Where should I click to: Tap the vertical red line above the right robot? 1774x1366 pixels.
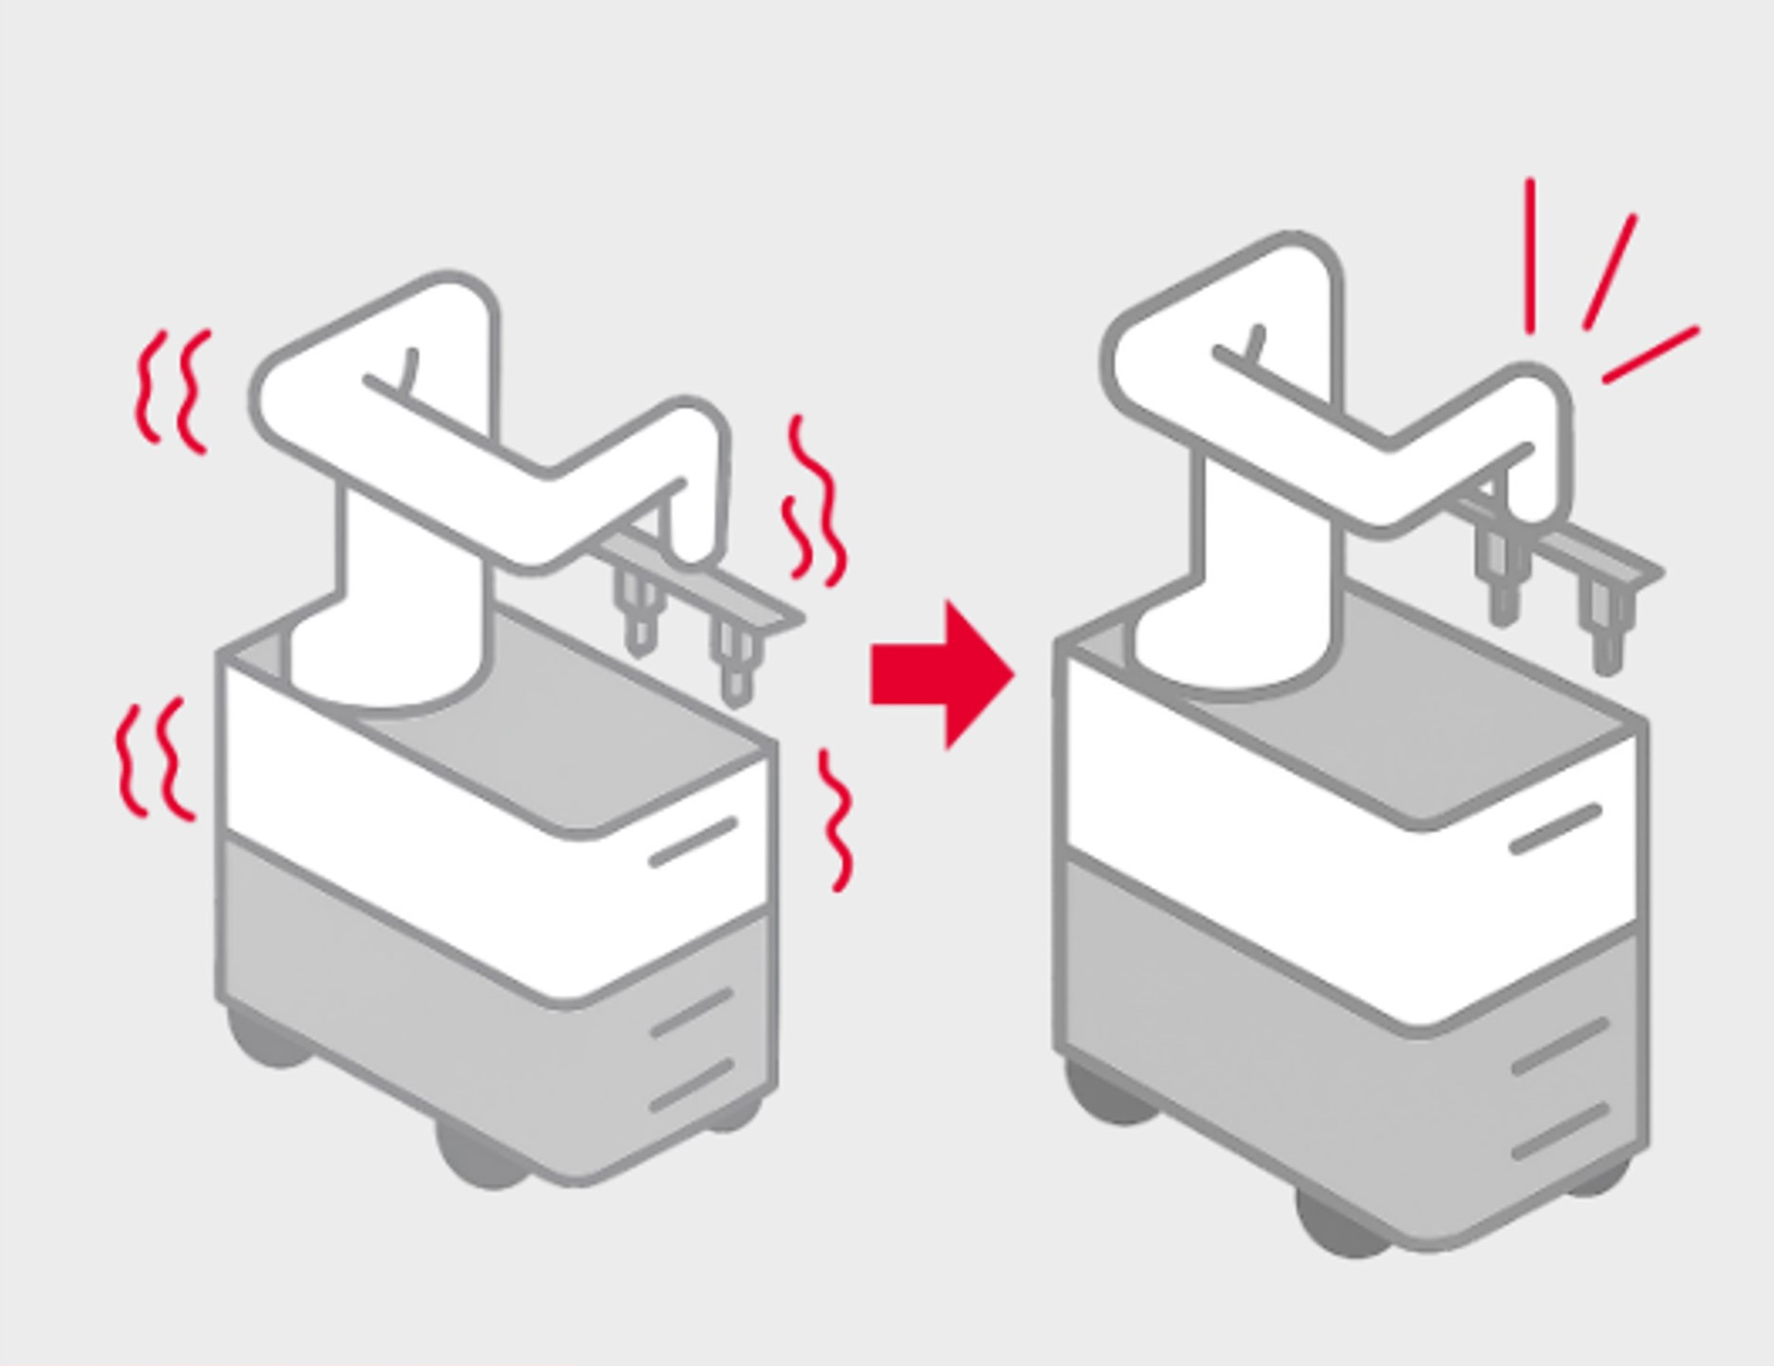[x=1530, y=256]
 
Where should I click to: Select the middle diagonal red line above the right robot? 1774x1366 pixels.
[x=1609, y=272]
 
